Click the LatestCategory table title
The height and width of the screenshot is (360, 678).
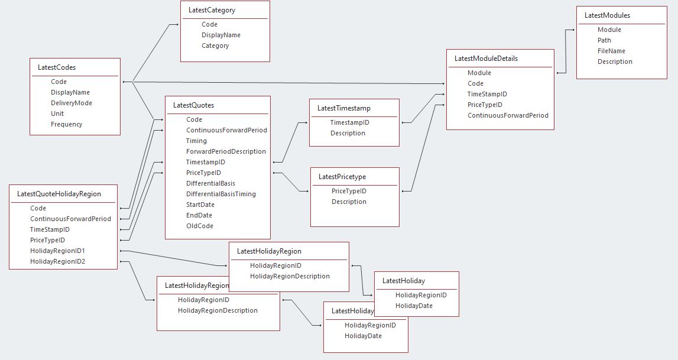[212, 10]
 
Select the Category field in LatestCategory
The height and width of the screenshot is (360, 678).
[215, 46]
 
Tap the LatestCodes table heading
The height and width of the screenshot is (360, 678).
[57, 67]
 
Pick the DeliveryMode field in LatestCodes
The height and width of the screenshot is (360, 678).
[72, 103]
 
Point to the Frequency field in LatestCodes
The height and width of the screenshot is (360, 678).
[67, 124]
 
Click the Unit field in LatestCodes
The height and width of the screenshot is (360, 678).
[57, 113]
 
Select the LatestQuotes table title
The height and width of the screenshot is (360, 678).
[194, 105]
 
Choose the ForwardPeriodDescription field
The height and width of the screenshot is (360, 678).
[226, 151]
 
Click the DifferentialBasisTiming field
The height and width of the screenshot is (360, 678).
[221, 194]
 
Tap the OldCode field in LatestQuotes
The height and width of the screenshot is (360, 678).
[200, 226]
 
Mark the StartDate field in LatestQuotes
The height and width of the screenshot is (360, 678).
[200, 205]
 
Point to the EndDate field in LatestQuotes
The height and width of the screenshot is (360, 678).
[199, 215]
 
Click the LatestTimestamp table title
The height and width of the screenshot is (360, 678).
[344, 108]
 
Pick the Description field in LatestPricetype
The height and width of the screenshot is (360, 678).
[349, 202]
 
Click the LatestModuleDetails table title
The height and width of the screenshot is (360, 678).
[486, 59]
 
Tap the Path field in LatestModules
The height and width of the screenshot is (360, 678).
[604, 40]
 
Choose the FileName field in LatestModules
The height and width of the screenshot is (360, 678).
[611, 51]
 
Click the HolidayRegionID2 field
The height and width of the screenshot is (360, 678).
[58, 261]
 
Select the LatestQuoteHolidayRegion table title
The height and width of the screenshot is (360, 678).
[59, 194]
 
